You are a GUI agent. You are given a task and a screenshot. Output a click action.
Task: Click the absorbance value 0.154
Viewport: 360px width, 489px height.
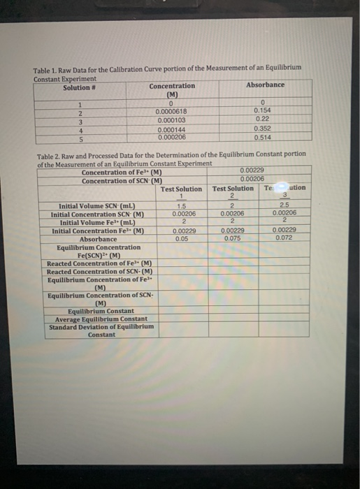coord(263,110)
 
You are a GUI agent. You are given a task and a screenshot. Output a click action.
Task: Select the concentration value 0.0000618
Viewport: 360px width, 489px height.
coord(171,111)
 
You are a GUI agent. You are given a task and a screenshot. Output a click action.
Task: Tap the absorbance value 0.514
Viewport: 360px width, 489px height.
coord(263,136)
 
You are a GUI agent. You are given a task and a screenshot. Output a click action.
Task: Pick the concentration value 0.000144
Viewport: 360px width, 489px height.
coord(171,129)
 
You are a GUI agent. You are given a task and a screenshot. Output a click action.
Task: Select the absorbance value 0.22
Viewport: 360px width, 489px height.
coord(263,119)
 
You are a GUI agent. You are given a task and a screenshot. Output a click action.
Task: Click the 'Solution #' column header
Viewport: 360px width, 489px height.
coord(78,87)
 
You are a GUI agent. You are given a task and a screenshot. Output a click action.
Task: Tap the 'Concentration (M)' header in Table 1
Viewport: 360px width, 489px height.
coord(172,90)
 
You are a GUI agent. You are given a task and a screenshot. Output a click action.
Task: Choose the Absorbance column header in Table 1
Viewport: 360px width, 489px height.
coord(265,85)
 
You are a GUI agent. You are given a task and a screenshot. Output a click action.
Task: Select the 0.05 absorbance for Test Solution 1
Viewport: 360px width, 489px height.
coord(182,238)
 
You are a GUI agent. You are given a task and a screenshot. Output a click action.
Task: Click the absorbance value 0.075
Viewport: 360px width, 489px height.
coord(233,238)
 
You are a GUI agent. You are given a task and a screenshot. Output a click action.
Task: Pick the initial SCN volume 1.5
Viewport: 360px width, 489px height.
coord(181,206)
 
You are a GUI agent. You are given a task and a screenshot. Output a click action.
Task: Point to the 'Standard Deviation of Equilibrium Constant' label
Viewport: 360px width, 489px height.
coord(101,330)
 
